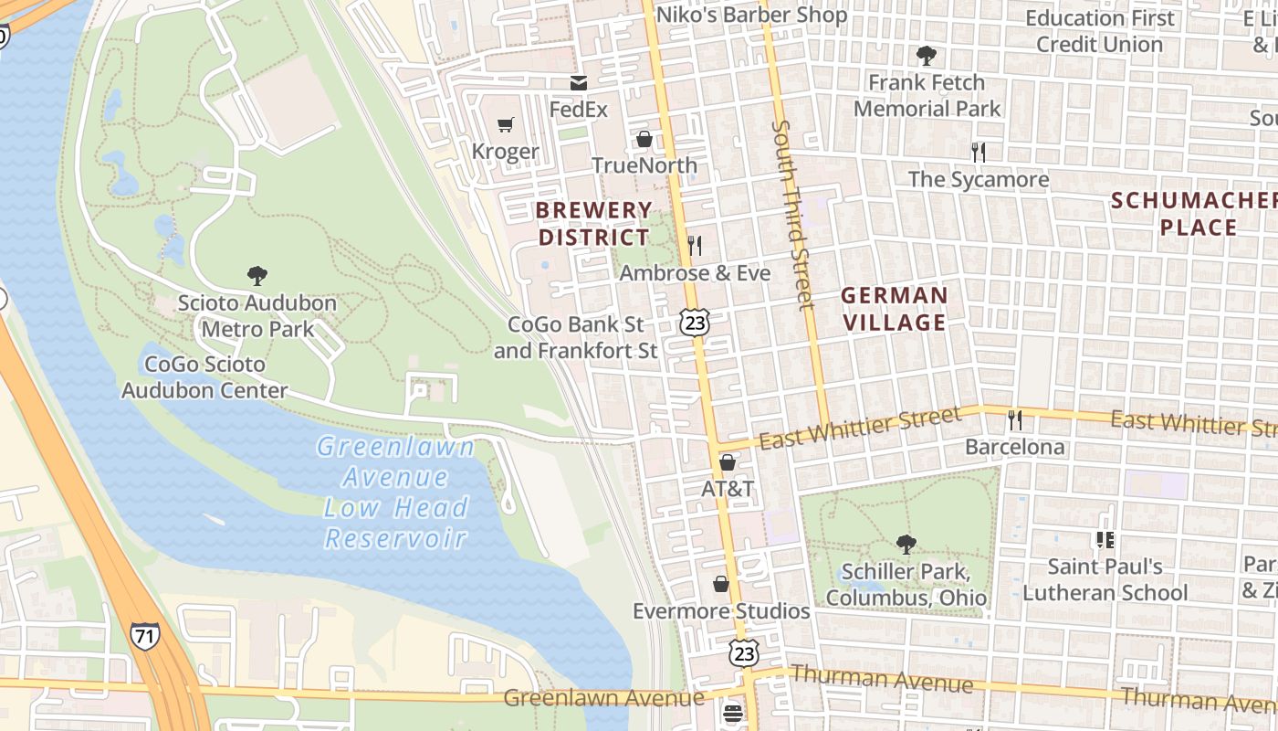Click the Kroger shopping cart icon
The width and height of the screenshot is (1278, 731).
click(505, 124)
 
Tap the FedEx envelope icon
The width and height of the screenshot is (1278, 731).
click(578, 83)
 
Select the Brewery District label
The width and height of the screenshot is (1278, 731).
click(594, 224)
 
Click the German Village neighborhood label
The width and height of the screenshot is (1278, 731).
click(894, 309)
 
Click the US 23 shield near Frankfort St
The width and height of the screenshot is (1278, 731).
click(695, 323)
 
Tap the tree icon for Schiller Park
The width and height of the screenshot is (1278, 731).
click(906, 545)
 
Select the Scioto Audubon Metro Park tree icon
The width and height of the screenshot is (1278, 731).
click(257, 275)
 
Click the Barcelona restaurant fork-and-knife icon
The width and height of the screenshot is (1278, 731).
click(1014, 420)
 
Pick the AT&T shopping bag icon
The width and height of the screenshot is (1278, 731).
click(728, 462)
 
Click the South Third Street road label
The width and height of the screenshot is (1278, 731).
click(792, 215)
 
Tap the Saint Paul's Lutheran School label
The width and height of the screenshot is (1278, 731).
click(1105, 579)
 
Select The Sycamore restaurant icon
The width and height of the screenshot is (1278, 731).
click(979, 152)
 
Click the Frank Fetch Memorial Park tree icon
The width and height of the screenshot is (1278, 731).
click(927, 56)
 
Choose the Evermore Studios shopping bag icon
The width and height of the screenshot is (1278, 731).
click(721, 584)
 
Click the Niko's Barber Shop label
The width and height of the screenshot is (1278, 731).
click(752, 16)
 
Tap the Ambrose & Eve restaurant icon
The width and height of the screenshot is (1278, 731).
click(695, 245)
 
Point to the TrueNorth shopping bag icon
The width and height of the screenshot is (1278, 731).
click(644, 139)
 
